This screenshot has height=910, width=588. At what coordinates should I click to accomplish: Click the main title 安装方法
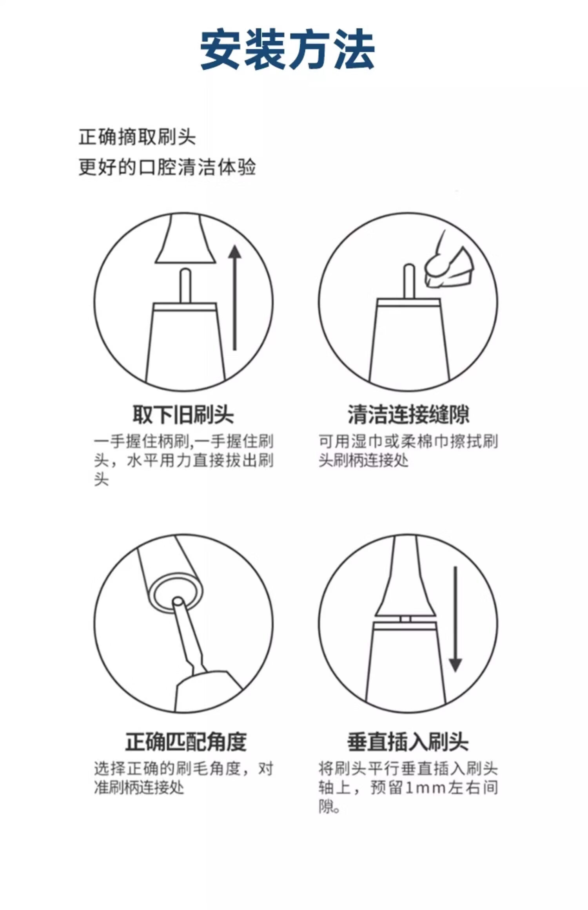click(287, 50)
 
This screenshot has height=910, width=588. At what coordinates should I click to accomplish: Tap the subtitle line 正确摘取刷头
click(137, 137)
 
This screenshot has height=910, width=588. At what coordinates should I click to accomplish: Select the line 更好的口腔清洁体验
click(167, 167)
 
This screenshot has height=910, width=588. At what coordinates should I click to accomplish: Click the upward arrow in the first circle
click(235, 297)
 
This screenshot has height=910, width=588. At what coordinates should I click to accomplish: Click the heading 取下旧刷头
click(183, 414)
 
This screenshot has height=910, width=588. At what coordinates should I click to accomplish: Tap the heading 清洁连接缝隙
click(408, 414)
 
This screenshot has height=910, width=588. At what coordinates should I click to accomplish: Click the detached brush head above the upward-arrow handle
click(185, 239)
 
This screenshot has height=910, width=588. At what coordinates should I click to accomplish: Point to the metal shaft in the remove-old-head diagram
click(185, 286)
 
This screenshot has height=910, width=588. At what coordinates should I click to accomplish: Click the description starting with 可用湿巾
click(408, 451)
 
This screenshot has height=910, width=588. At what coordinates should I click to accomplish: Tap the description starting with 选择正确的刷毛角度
click(183, 778)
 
